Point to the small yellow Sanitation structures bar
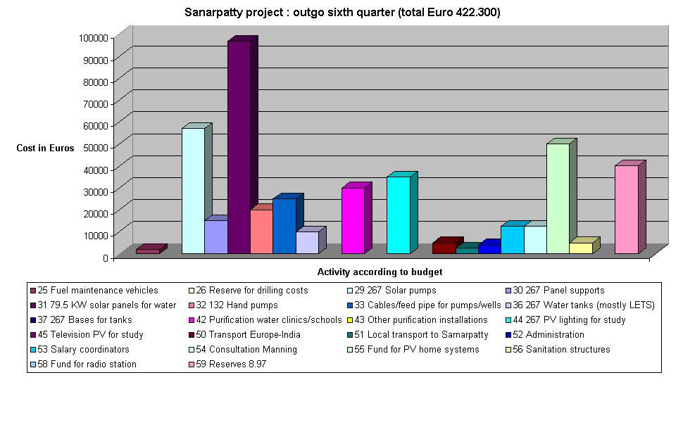point(581,248)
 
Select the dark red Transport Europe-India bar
point(444,248)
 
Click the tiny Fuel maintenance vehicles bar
point(148,250)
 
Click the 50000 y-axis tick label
point(94,147)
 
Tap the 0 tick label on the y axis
point(104,258)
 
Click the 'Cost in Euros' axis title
point(45,148)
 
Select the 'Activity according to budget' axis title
point(380,272)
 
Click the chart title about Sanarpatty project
point(342,13)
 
